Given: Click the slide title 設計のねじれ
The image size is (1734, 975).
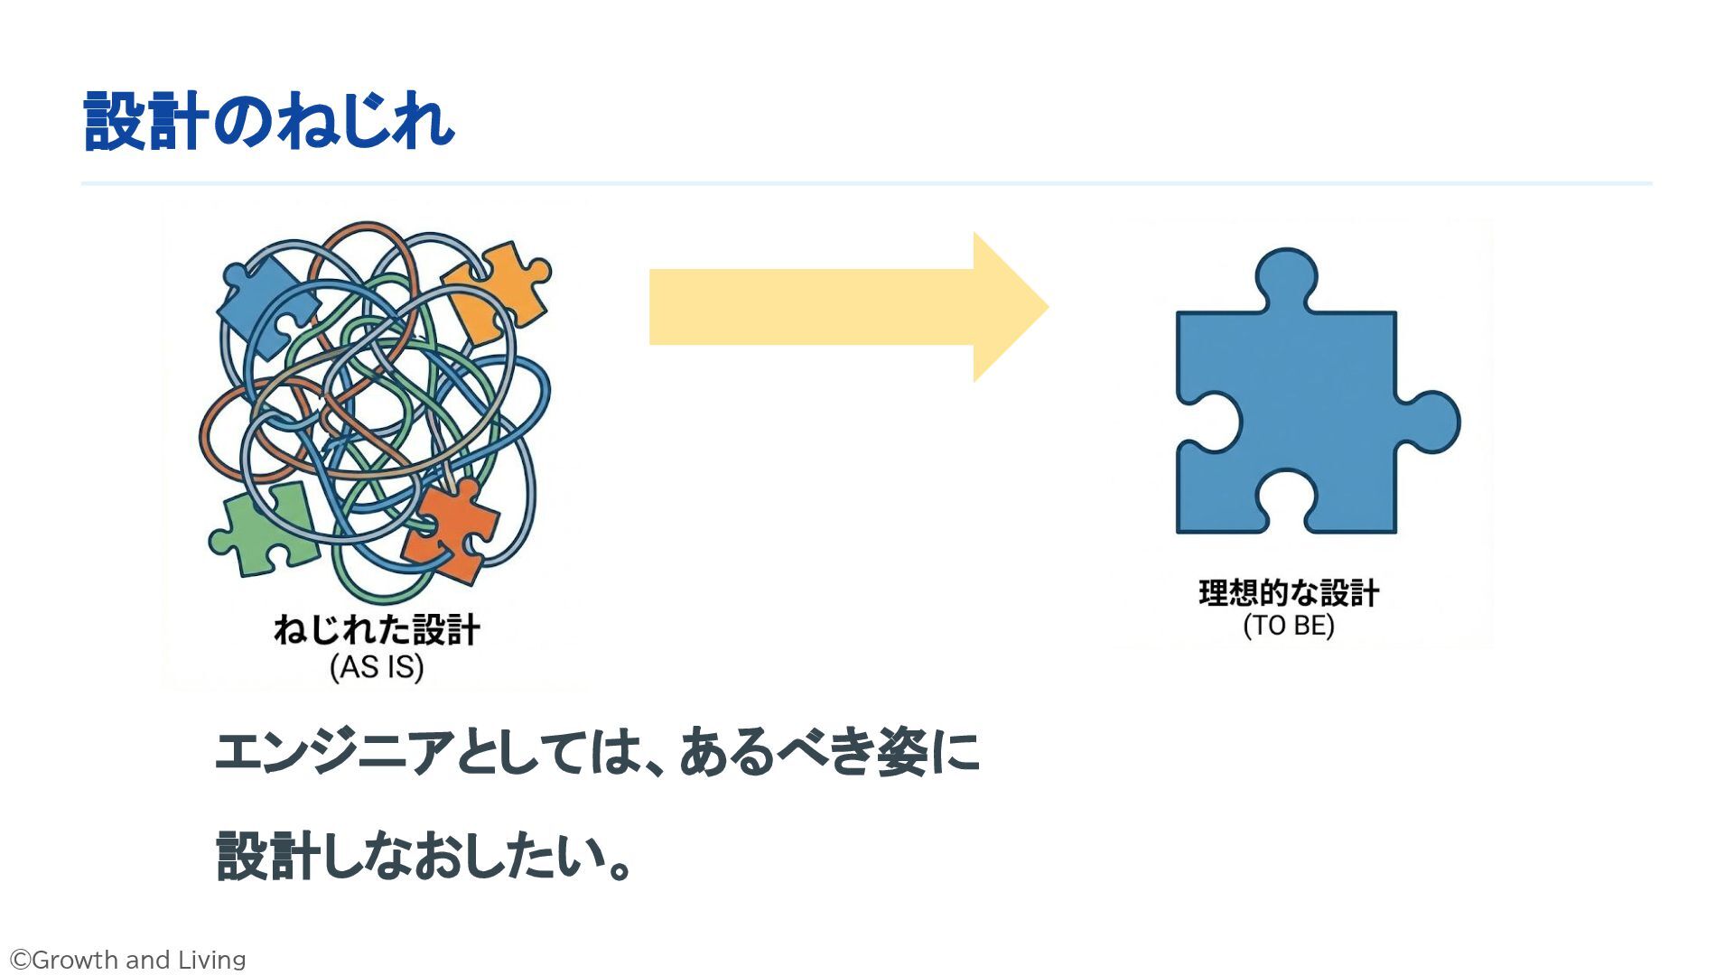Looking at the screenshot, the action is pos(268,121).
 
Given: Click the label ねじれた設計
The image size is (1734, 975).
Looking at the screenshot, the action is pos(377,630).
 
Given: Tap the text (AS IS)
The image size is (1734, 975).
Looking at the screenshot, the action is pos(377,667).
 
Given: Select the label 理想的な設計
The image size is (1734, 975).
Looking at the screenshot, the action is pos(1289,593).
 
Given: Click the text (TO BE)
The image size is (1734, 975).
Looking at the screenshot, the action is pos(1289,626).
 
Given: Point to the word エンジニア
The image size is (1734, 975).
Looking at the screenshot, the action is pos(334,752).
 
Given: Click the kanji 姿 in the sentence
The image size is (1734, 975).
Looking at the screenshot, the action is pos(903,752).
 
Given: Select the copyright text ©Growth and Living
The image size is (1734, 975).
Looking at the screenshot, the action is pos(127,960).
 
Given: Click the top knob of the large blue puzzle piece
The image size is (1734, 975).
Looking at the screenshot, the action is pos(1287,275).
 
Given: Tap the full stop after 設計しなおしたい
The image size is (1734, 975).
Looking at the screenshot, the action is pos(620,868).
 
